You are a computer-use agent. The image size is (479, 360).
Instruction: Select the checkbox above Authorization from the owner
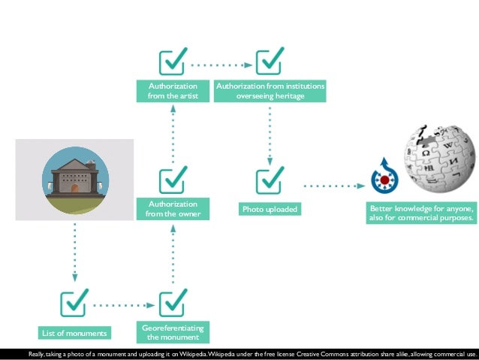(x=173, y=181)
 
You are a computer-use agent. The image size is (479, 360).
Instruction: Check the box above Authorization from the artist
(x=173, y=63)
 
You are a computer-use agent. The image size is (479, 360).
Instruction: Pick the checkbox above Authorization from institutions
(x=270, y=63)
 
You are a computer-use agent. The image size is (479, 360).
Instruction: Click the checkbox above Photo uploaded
(x=270, y=181)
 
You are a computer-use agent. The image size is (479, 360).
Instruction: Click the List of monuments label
(x=74, y=333)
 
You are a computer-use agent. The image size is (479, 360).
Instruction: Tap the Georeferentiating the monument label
(x=173, y=332)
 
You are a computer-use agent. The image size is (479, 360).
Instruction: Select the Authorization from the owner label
(x=173, y=209)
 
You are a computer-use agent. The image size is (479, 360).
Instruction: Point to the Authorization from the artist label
(x=173, y=91)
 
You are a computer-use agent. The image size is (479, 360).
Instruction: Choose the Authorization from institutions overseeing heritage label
(x=270, y=91)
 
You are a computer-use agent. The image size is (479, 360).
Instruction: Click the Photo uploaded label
(x=270, y=209)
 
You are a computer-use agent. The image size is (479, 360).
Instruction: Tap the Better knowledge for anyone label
(x=421, y=213)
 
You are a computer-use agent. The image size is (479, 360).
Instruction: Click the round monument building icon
(x=74, y=180)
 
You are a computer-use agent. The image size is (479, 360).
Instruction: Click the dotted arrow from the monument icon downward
(x=75, y=253)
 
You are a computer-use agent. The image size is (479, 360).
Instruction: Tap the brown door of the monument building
(x=75, y=187)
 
